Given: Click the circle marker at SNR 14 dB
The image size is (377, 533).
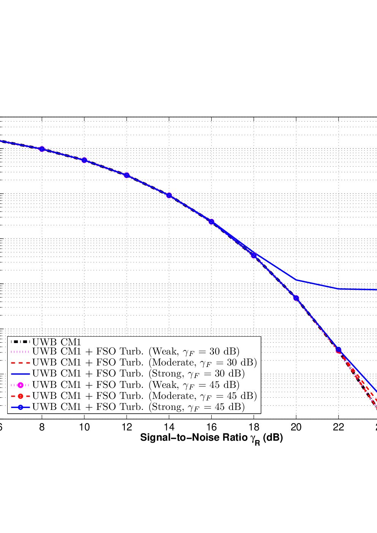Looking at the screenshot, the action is point(169,195).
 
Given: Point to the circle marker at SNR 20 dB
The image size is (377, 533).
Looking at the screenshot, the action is point(296,298).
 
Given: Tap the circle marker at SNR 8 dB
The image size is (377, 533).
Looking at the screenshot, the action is point(42,149).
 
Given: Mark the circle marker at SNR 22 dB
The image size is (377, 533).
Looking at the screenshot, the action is point(339,350).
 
